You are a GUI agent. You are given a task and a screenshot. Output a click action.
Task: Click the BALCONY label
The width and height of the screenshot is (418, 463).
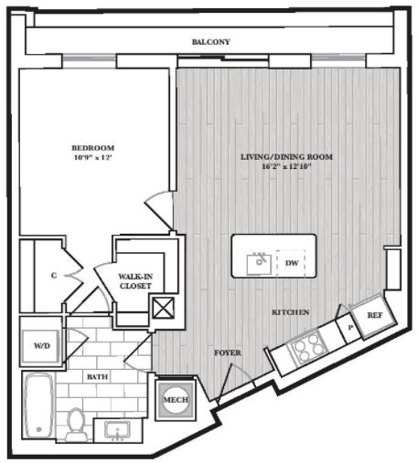[210, 42]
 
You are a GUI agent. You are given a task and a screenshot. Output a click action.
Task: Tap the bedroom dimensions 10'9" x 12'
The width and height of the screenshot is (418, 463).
[93, 158]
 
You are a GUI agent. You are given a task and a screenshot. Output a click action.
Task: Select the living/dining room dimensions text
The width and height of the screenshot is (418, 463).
[286, 166]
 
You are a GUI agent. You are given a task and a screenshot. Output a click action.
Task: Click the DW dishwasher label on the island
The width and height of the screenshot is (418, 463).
[292, 263]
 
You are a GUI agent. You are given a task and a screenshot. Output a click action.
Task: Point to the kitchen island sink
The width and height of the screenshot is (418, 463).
[259, 264]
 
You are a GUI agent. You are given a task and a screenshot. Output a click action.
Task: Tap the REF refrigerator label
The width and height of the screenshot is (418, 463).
[375, 315]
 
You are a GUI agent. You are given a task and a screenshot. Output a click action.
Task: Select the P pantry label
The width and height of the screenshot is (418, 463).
[350, 328]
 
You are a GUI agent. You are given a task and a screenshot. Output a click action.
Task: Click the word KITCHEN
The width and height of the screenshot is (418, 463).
[291, 312]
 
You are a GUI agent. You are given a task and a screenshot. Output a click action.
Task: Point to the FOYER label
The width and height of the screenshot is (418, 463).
[228, 353]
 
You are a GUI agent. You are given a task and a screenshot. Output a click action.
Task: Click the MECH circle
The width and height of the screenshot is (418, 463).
[176, 399]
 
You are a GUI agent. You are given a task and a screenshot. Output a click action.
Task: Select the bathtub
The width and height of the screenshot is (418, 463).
[39, 405]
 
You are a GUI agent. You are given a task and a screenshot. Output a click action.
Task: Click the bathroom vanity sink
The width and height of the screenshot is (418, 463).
[117, 430]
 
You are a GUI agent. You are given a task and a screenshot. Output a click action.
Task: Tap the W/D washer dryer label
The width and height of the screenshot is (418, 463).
[42, 346]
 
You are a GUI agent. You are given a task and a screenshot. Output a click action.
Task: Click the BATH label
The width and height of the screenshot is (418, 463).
[97, 377]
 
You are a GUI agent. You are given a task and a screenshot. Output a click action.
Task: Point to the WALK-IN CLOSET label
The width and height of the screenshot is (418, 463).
[135, 281]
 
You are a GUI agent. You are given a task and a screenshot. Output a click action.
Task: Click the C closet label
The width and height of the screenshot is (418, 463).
[54, 276]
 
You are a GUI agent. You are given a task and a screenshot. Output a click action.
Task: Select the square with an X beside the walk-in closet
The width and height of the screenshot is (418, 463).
[164, 308]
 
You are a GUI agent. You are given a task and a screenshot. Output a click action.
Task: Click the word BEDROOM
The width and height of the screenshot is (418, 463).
[93, 148]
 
